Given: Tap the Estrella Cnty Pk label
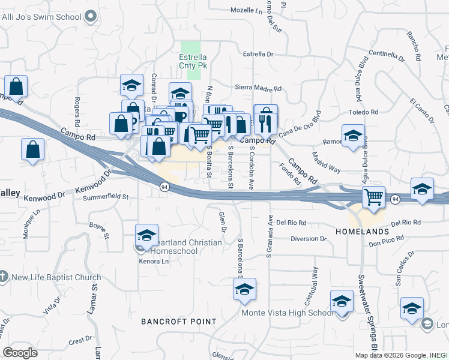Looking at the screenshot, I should (193, 61).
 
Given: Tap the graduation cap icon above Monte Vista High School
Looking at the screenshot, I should (244, 290).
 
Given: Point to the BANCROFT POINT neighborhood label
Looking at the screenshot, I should (178, 322).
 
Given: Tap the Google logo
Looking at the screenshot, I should (20, 352).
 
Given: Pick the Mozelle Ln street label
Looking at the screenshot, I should (247, 11).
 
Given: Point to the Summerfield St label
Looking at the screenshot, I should (106, 196).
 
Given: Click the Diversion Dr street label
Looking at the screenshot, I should (308, 238).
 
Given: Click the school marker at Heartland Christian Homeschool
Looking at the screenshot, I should (146, 235).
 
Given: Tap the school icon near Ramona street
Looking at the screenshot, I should (354, 136).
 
